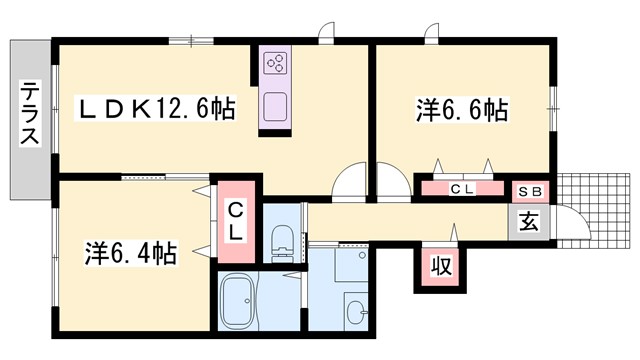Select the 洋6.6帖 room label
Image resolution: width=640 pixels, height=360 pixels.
(461, 109)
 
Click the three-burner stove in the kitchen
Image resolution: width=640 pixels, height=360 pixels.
(275, 65)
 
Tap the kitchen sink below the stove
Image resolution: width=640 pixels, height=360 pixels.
(274, 104)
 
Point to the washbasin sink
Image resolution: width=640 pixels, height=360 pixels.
(355, 308)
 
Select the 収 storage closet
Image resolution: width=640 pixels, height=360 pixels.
(439, 267)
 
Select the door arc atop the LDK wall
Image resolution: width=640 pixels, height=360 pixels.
(325, 35)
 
